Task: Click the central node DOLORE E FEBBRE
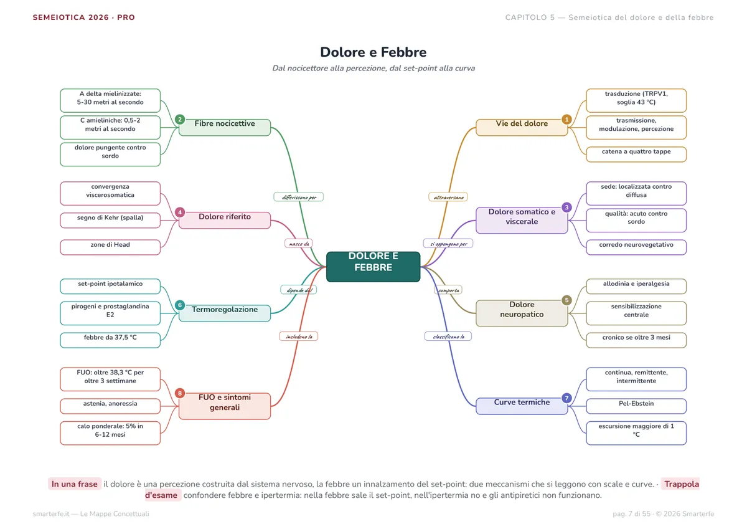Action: point(373,267)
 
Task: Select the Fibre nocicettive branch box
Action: point(225,127)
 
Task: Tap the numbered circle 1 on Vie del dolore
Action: point(566,119)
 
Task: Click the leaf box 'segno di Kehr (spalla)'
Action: point(110,221)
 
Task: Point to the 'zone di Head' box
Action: point(110,247)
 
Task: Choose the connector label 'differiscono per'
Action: point(298,197)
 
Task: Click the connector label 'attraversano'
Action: point(448,197)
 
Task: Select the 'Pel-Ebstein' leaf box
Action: point(636,406)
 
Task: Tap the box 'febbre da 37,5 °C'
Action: point(110,340)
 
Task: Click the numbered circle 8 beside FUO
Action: point(180,393)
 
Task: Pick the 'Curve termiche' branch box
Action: point(522,406)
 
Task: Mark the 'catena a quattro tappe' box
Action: point(636,154)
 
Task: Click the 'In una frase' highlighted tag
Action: point(74,484)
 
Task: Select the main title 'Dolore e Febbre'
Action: point(373,52)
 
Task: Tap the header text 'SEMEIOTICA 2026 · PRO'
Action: point(83,17)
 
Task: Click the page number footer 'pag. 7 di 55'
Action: point(631,513)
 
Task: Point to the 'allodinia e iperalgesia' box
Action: point(636,287)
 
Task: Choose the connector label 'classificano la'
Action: point(448,336)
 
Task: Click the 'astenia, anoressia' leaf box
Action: point(110,406)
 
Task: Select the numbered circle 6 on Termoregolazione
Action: point(180,305)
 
